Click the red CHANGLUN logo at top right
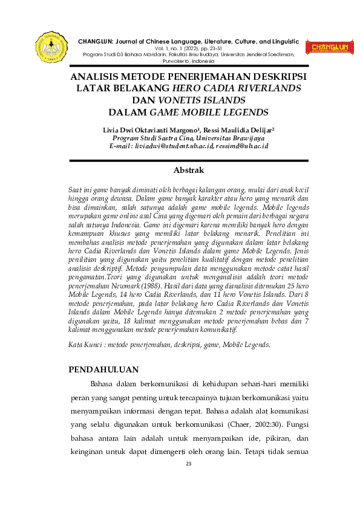point(330,48)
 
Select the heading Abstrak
point(189,170)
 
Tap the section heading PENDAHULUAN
point(103,369)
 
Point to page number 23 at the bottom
point(188,463)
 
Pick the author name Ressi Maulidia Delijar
point(241,129)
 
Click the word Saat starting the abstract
point(76,189)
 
